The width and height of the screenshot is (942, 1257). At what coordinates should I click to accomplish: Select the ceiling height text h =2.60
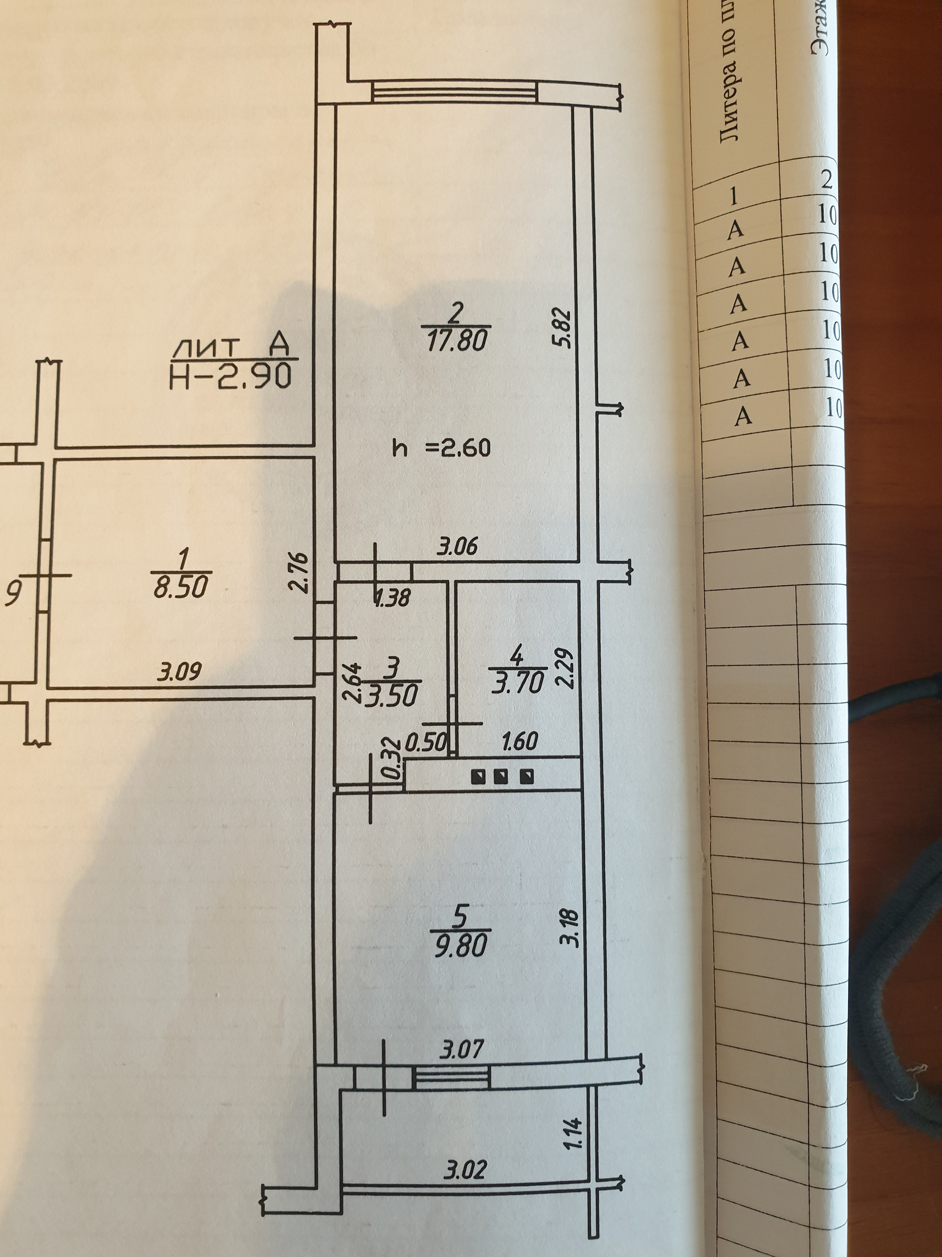tap(441, 448)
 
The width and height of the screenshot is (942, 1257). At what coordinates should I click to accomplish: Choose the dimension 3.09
tap(180, 672)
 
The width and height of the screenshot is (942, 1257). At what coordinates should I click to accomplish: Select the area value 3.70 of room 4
tap(517, 683)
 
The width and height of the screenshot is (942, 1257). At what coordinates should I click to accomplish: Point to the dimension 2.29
tap(568, 669)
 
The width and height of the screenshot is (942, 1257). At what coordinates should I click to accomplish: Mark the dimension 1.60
tap(520, 741)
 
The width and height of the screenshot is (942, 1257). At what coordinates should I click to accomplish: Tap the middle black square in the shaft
tap(501, 776)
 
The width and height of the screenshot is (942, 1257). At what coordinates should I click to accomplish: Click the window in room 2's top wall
tap(454, 91)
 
